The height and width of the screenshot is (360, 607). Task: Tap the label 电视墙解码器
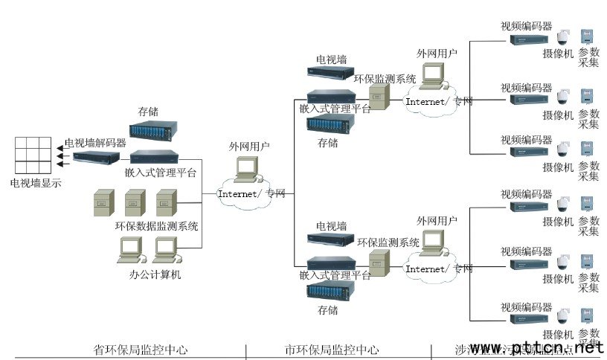click(x=95, y=143)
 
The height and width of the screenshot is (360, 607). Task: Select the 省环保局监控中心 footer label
click(x=141, y=350)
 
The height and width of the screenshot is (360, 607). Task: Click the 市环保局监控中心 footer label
click(x=332, y=350)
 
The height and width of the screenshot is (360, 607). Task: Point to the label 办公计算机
click(x=155, y=274)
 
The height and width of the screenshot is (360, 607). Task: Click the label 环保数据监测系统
click(x=157, y=225)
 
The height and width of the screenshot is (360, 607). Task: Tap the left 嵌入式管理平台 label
click(x=161, y=173)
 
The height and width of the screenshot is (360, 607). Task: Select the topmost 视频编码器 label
click(x=526, y=26)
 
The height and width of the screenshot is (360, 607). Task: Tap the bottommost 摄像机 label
click(x=558, y=335)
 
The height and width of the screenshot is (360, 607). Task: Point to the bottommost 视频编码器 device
click(x=528, y=319)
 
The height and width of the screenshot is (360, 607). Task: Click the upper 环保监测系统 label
click(x=385, y=79)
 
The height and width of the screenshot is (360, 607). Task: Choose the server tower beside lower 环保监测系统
click(x=379, y=265)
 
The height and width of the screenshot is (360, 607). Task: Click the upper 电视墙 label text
click(x=331, y=59)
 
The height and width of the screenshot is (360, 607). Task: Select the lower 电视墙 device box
click(x=331, y=239)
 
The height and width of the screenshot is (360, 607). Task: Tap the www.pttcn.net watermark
click(x=536, y=348)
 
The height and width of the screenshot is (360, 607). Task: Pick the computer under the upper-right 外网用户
click(x=432, y=75)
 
